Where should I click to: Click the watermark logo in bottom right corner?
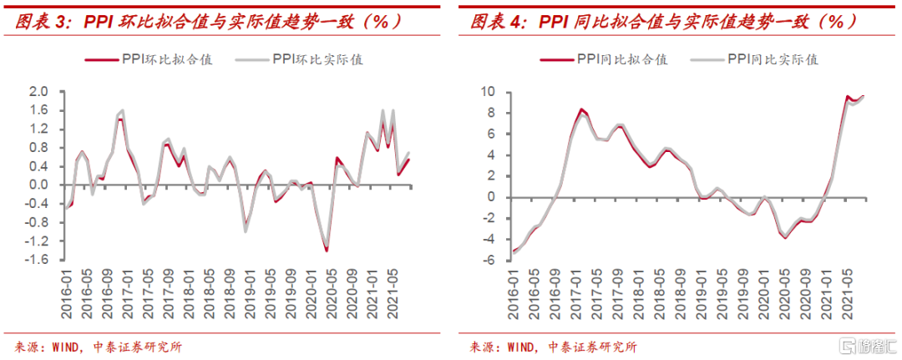pos(869,345)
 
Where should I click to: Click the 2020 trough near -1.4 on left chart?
pos(326,250)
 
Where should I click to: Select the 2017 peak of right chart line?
pos(582,109)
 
